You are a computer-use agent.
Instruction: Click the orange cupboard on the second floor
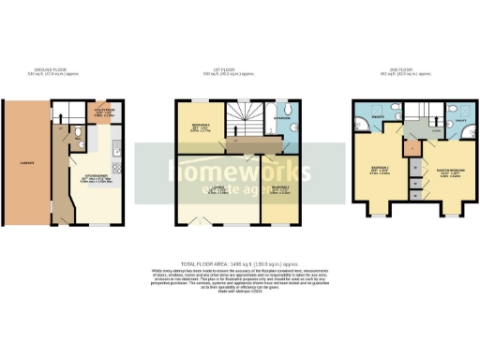(412, 148)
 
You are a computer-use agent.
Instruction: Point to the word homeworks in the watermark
(239, 170)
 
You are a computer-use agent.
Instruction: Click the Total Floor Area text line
(239, 265)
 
